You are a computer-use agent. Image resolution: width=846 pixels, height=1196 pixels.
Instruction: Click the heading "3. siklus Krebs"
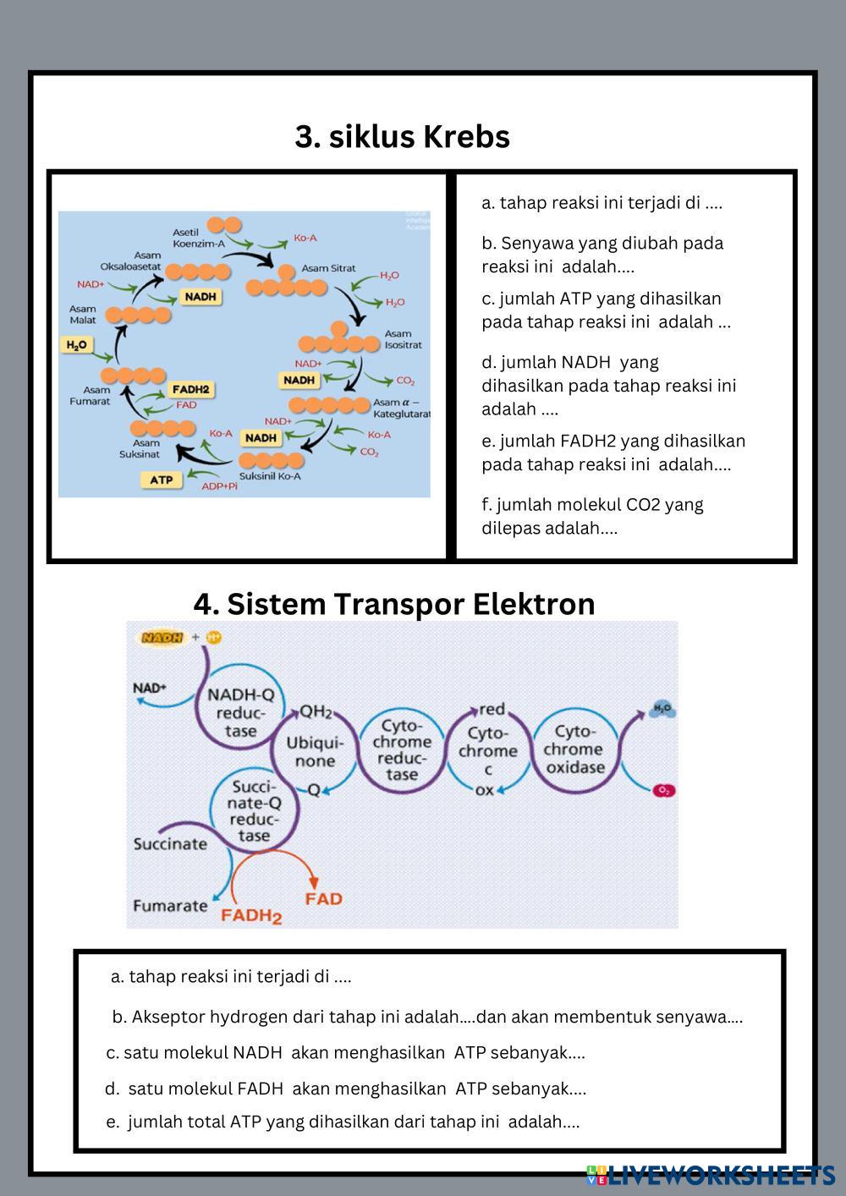pyautogui.click(x=402, y=136)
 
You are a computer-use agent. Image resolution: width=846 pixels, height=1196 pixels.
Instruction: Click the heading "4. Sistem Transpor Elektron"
pyautogui.click(x=394, y=604)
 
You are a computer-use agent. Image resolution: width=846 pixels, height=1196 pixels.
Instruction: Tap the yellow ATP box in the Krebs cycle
pyautogui.click(x=161, y=480)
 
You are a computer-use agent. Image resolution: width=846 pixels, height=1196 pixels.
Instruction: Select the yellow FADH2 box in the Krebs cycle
pyautogui.click(x=190, y=389)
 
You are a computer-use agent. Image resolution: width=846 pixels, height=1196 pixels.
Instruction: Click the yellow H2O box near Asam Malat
pyautogui.click(x=76, y=345)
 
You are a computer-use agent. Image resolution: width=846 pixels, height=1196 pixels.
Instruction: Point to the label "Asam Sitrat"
pyautogui.click(x=328, y=268)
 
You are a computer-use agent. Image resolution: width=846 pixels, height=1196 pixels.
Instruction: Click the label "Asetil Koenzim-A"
pyautogui.click(x=198, y=238)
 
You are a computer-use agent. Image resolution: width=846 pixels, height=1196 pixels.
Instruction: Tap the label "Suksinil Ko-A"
pyautogui.click(x=270, y=476)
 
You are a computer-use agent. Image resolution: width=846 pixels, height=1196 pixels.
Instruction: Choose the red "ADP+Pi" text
pyautogui.click(x=219, y=486)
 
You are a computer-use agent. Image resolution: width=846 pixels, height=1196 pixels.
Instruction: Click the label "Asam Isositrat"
pyautogui.click(x=403, y=339)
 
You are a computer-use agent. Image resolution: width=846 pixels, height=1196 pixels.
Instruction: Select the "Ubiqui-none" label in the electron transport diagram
pyautogui.click(x=315, y=751)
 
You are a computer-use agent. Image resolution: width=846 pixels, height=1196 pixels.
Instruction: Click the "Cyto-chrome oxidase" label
pyautogui.click(x=574, y=749)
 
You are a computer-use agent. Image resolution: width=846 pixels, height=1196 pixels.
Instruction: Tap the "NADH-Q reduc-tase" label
pyautogui.click(x=241, y=712)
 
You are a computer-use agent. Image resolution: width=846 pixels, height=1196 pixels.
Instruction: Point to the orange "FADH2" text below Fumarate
pyautogui.click(x=251, y=915)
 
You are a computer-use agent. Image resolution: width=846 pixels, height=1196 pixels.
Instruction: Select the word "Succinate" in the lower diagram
pyautogui.click(x=170, y=843)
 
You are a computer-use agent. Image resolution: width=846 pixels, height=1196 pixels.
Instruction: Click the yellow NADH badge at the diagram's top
pyautogui.click(x=162, y=637)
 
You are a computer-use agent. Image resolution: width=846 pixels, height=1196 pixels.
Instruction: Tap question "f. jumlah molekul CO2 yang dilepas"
pyautogui.click(x=592, y=516)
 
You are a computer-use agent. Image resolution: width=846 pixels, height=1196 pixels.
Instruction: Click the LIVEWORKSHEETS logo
pyautogui.click(x=711, y=1174)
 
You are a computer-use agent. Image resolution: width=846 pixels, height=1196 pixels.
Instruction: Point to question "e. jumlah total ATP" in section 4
pyautogui.click(x=343, y=1122)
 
